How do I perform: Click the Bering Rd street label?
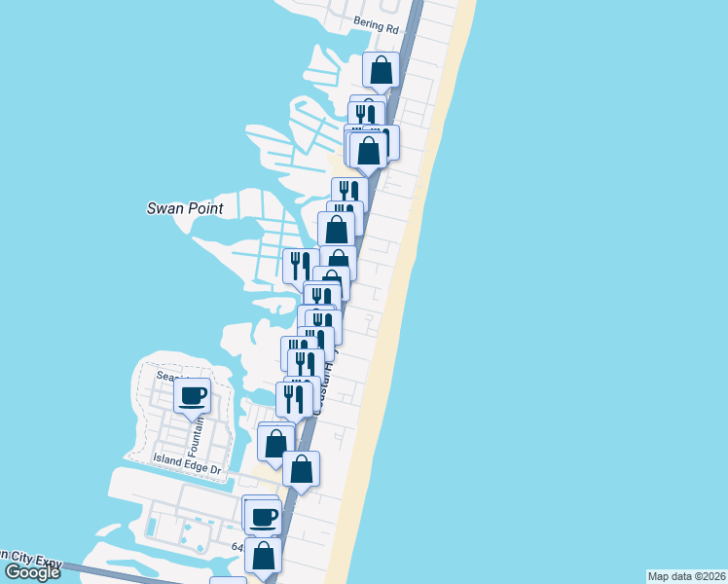point(377,29)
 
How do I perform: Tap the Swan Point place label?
point(185,208)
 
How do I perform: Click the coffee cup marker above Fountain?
point(192,395)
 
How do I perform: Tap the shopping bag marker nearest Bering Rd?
point(381,70)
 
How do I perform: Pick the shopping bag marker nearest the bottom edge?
point(263,556)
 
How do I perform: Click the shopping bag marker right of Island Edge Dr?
point(302,469)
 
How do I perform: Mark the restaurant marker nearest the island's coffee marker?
point(294,398)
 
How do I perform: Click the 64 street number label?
point(237,548)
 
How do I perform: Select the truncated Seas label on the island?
point(156,375)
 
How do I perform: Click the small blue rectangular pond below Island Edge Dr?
point(152,527)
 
